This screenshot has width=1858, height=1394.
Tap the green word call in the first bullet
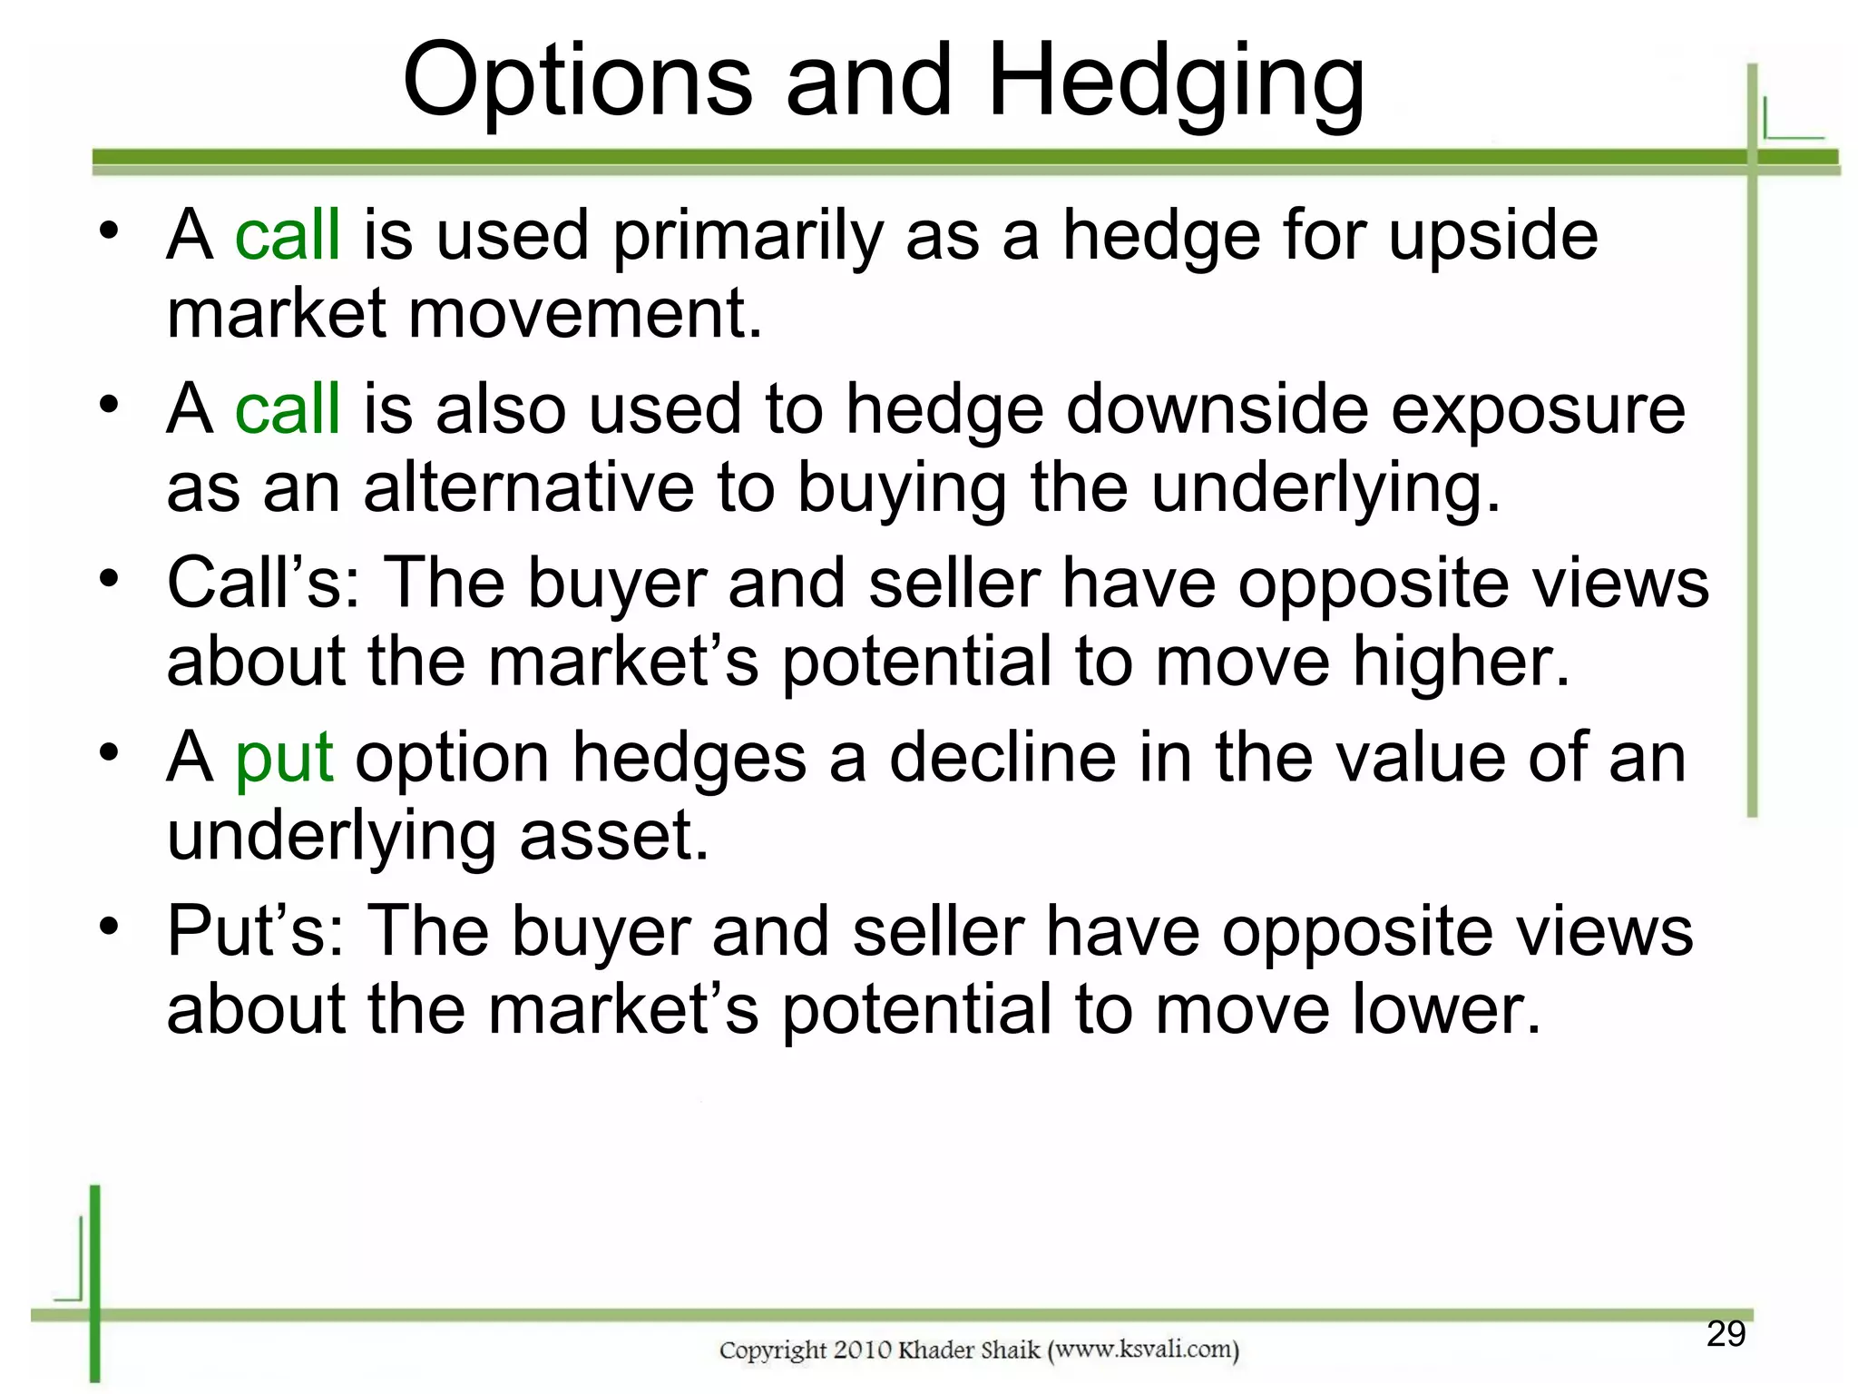[288, 235]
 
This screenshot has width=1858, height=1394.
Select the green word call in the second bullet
[288, 409]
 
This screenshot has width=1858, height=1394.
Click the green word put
[284, 760]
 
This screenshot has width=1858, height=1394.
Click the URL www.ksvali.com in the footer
[1143, 1350]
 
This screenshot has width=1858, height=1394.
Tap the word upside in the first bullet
[1493, 236]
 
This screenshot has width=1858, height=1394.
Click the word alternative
[529, 488]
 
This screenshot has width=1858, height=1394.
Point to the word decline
[1002, 758]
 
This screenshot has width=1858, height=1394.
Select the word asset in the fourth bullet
[613, 835]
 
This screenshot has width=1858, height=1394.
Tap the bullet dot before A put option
[110, 752]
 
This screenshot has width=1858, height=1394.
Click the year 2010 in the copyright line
[863, 1350]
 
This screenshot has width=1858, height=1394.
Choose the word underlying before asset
[331, 837]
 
